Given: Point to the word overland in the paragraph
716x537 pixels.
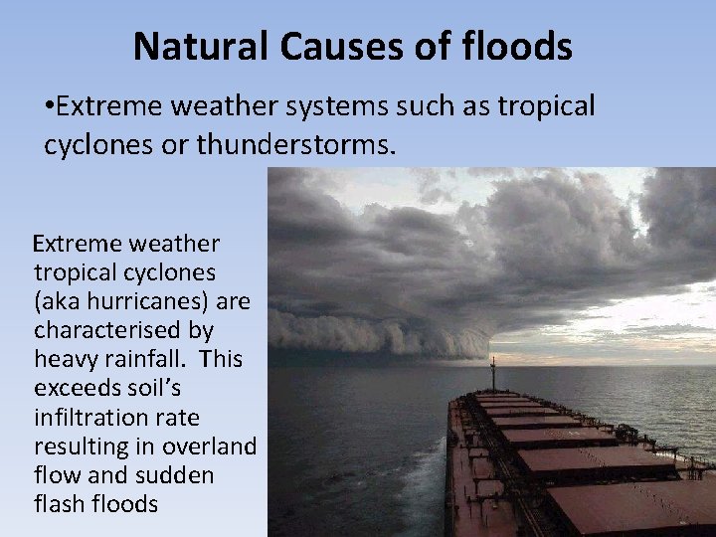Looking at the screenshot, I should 210,445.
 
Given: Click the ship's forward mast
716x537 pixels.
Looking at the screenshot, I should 492,373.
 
